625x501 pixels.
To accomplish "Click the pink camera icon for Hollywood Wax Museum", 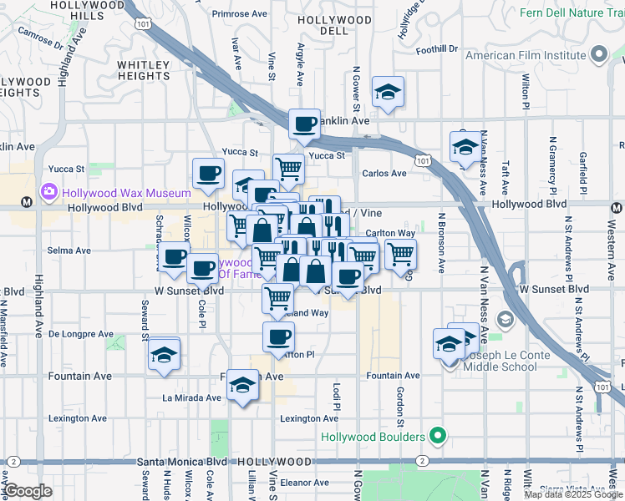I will click(48, 193).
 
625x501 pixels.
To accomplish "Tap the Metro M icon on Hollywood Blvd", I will click(27, 201).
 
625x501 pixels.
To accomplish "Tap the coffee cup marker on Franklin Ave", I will click(304, 124).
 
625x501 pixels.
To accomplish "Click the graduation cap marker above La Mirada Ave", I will click(243, 385).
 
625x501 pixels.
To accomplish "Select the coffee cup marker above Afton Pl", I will click(278, 337).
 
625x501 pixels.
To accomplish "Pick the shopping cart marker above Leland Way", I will click(278, 296).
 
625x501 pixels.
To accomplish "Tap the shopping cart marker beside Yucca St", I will click(288, 168).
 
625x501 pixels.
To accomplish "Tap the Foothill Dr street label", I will click(437, 49).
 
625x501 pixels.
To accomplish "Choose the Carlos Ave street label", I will click(384, 174).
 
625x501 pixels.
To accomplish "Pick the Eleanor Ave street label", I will click(304, 483).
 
